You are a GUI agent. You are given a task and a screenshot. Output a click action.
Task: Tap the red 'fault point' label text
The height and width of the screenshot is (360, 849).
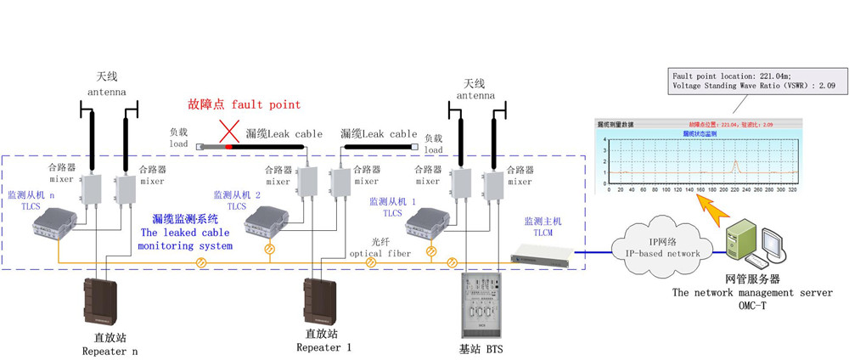point(245,105)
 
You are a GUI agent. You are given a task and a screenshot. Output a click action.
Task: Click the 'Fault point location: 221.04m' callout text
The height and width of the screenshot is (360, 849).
point(726,76)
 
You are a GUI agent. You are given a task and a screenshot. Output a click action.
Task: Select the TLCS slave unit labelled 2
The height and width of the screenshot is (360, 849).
point(266,222)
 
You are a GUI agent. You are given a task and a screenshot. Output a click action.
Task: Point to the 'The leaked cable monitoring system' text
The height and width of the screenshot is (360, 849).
point(185,239)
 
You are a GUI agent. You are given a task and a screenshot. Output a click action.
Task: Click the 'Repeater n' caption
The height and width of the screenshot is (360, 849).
point(110,350)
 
